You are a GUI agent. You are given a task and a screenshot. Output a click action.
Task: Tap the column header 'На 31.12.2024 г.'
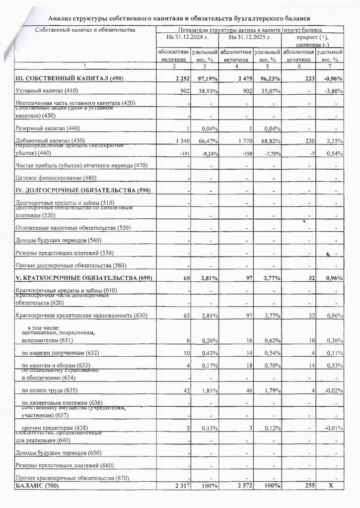[188, 38]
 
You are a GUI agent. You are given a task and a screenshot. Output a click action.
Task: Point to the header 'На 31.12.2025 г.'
[250, 38]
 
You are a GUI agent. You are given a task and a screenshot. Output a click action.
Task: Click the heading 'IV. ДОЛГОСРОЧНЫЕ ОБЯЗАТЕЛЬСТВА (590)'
[83, 191]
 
